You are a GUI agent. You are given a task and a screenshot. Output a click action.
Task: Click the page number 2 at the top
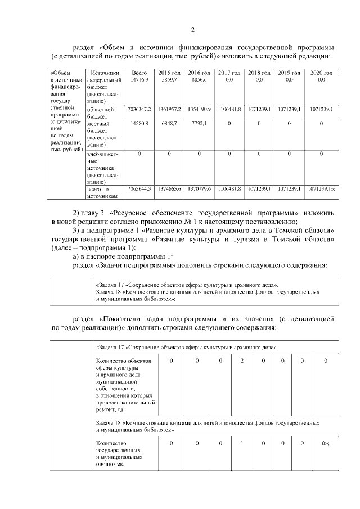192,30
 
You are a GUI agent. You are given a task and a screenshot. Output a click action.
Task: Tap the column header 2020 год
321,73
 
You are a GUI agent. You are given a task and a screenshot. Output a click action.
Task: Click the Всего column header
139,73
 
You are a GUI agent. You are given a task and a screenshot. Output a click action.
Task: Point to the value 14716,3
139,80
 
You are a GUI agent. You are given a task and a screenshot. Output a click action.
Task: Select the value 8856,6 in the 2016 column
199,80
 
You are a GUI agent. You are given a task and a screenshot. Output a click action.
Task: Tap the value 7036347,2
139,109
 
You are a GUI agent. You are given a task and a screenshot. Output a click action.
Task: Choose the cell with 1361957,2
169,109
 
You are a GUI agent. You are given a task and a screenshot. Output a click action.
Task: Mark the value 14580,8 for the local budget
139,123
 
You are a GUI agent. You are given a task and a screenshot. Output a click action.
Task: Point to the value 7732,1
199,123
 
